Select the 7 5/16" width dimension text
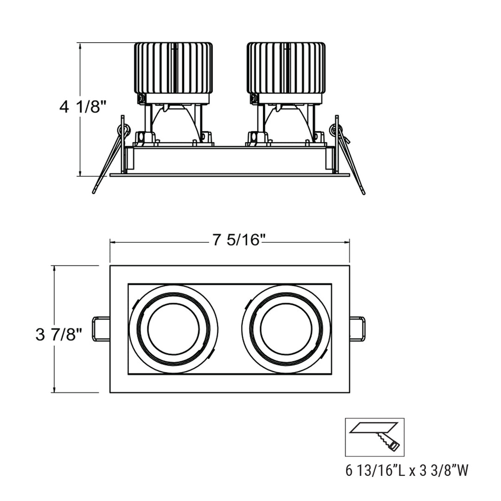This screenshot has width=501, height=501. point(239,241)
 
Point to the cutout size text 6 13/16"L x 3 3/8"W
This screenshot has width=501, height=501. point(407,471)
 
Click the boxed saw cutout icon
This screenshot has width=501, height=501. point(374,437)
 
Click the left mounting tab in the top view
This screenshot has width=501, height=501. point(102,329)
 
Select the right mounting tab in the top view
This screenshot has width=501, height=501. point(357,329)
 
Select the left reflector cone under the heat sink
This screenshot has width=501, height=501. point(178,122)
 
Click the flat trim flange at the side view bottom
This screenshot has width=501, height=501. point(230,175)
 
